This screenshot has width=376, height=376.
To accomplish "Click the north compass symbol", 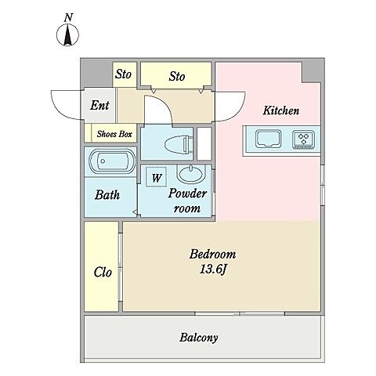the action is (67, 34).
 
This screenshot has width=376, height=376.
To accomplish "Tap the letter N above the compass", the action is (68, 17).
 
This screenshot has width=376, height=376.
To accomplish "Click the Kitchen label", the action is (281, 110).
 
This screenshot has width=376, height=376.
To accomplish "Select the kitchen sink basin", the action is (269, 139).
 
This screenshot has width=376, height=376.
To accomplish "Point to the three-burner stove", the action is (303, 139).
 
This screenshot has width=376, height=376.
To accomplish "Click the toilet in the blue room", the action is (179, 144).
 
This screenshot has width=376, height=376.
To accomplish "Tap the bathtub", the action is (112, 161).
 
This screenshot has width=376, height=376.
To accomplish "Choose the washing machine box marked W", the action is (156, 177).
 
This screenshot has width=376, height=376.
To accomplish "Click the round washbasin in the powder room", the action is (190, 174).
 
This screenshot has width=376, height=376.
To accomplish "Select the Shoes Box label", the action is (114, 134).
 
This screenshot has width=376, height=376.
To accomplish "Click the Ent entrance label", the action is (99, 105).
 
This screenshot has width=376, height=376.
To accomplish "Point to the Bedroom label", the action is (212, 254).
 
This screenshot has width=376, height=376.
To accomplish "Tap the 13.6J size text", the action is (212, 269).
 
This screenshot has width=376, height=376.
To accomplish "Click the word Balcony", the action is (198, 338).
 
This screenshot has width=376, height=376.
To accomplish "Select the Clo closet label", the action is (103, 272).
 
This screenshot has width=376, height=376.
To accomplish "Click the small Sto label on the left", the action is (123, 74).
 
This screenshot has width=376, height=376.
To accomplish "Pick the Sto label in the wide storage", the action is (177, 76).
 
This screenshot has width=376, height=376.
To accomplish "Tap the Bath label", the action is (107, 195).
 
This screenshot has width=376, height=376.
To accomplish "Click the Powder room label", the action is (187, 201).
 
